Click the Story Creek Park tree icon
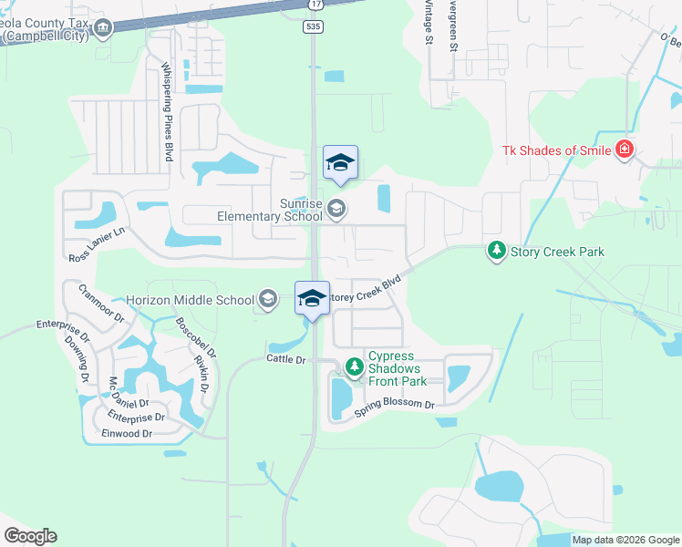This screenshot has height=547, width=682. point(496,250)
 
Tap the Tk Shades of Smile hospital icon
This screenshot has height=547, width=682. point(624,150)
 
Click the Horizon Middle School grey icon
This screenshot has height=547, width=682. point(268,299)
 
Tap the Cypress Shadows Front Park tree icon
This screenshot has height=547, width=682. point(354,367)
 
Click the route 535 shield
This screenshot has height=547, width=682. point(313,27)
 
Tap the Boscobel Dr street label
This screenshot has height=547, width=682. point(196,336)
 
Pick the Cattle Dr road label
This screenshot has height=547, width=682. point(284,359)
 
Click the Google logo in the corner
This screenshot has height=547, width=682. point(30,536)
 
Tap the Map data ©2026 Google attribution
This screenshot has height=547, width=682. point(625,540)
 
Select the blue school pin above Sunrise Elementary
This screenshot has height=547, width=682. point(340,164)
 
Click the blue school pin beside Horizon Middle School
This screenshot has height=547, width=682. point(312,299)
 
